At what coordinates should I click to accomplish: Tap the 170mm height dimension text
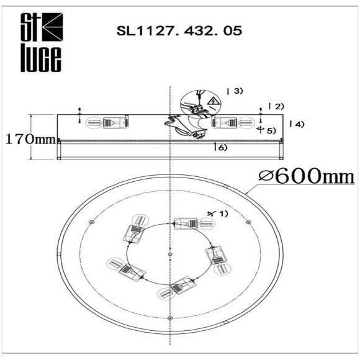click(29, 138)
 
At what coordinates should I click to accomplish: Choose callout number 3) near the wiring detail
click(236, 91)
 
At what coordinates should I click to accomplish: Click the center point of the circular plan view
click(169, 253)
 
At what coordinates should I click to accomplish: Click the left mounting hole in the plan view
click(91, 222)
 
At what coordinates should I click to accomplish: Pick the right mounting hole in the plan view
click(248, 222)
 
